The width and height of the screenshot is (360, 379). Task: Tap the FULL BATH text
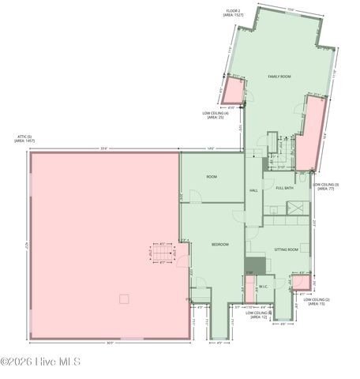[284, 188]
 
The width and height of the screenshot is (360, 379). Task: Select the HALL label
[253, 191]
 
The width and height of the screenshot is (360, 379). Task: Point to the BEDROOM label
[219, 245]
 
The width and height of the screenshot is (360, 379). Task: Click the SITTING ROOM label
[286, 250]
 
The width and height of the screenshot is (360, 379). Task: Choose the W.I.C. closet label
[263, 287]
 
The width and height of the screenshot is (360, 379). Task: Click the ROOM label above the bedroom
[212, 177]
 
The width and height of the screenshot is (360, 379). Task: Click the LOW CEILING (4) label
[216, 115]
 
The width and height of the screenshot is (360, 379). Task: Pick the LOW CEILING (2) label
[317, 302]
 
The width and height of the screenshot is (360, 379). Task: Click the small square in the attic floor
[123, 298]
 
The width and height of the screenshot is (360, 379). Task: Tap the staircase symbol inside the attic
[163, 254]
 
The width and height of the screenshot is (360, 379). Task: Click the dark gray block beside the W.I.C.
[253, 266]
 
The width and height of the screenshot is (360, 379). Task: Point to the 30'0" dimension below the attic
[110, 343]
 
